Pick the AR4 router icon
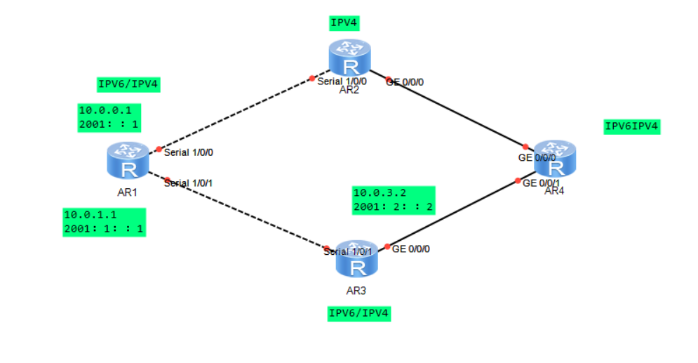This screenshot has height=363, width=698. pos(554,159)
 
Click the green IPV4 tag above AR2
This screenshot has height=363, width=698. pos(344,23)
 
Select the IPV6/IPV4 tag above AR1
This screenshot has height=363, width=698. pos(129,85)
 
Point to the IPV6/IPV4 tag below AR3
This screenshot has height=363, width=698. pos(358,313)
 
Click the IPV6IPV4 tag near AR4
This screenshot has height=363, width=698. pos(631,126)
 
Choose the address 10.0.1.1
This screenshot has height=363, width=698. pos(89,215)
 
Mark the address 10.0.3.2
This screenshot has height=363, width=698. pos(380,193)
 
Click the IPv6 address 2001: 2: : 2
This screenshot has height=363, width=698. pos(393,207)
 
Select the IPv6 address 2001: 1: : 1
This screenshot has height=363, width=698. pos(103,229)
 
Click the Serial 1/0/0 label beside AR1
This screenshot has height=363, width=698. pos(188,152)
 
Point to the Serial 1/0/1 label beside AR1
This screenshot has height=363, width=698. pos(188,183)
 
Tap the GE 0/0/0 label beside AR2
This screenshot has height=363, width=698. pos(405,82)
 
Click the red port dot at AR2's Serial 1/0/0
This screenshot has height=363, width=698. pos(312,79)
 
